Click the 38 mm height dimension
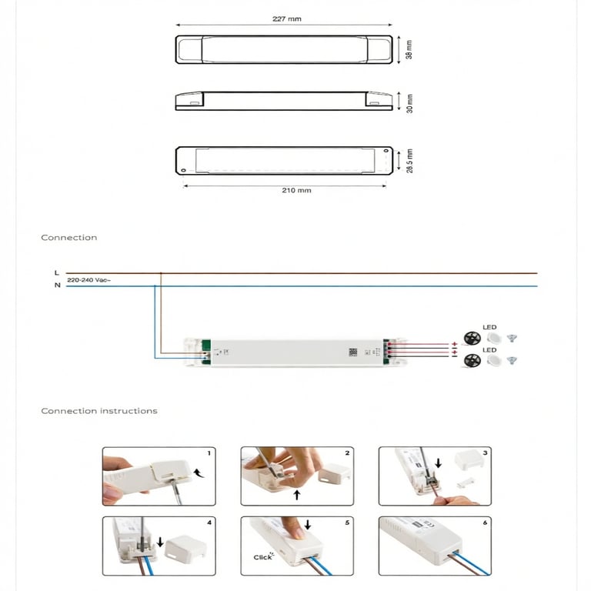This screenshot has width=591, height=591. (x=410, y=49)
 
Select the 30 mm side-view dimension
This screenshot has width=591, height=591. (x=410, y=102)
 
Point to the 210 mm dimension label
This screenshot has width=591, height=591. (x=296, y=190)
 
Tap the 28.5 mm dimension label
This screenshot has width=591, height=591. (x=410, y=161)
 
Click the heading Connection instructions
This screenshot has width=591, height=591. (x=99, y=411)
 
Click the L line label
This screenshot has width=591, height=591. (x=56, y=272)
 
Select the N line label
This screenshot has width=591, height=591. (x=56, y=285)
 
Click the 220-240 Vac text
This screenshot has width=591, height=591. (x=88, y=280)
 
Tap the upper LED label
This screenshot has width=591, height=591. (x=489, y=328)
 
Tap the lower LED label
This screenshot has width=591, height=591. (x=489, y=350)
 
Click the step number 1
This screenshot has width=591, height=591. (x=209, y=453)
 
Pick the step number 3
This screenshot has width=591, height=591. (x=485, y=453)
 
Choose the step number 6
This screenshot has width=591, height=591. (x=485, y=523)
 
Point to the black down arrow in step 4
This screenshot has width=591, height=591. (x=160, y=542)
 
